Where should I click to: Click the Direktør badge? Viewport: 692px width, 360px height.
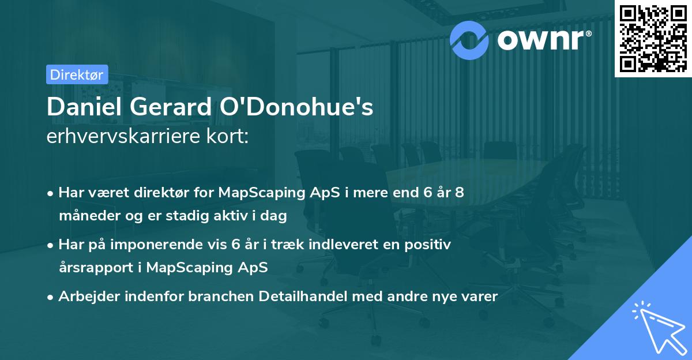click(76, 74)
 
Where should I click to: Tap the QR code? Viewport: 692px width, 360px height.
click(653, 38)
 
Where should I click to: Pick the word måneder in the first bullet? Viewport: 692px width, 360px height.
click(84, 216)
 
